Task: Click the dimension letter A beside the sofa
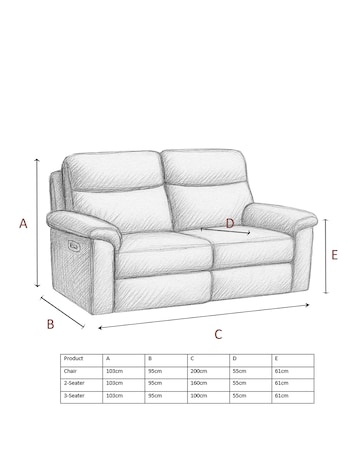[x=23, y=225]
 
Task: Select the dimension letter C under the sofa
[x=218, y=334]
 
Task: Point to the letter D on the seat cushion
[x=229, y=223]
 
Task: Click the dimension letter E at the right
[x=334, y=255]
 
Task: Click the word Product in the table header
[x=73, y=358]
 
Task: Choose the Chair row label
[x=70, y=370]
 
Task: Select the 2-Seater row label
[x=74, y=383]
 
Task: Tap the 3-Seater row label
[x=74, y=396]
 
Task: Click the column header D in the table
[x=235, y=358]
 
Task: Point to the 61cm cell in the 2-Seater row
[x=283, y=383]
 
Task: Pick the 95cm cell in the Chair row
[x=154, y=370]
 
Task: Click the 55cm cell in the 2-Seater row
[x=240, y=383]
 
